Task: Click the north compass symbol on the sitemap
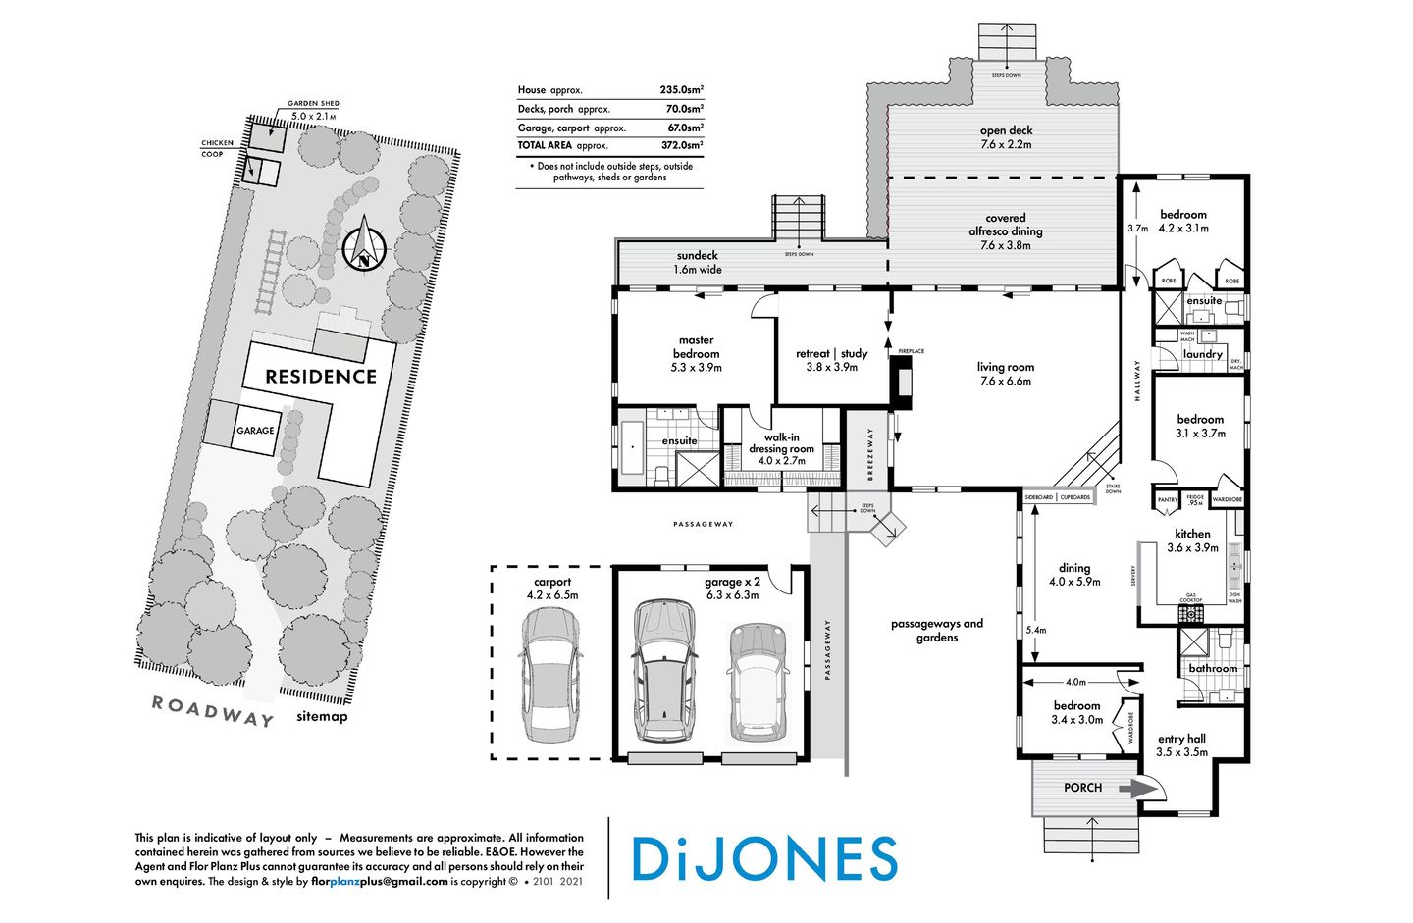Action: tap(365, 244)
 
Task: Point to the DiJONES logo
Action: tap(764, 858)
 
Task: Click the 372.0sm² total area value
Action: tap(682, 145)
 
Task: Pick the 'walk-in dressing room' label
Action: tap(781, 448)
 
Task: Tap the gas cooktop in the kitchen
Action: tap(1190, 614)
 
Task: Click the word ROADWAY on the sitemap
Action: tap(213, 711)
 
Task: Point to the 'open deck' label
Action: tap(1006, 130)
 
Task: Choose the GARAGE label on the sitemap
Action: tap(255, 431)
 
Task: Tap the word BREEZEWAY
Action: tap(869, 453)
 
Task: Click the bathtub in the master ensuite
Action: tap(629, 446)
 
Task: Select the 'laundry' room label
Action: tap(1203, 354)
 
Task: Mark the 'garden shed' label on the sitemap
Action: tap(313, 104)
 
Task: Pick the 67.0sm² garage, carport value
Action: tap(682, 128)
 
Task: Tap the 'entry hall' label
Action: tap(1181, 739)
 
